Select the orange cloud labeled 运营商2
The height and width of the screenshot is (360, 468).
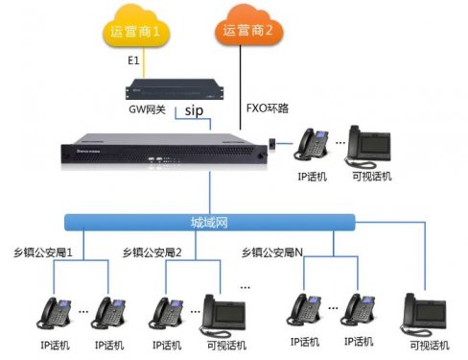[x=247, y=30]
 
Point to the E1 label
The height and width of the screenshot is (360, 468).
[x=135, y=60]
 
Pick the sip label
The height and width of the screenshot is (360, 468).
[x=195, y=111]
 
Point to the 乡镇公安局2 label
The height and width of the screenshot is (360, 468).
[x=152, y=252]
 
